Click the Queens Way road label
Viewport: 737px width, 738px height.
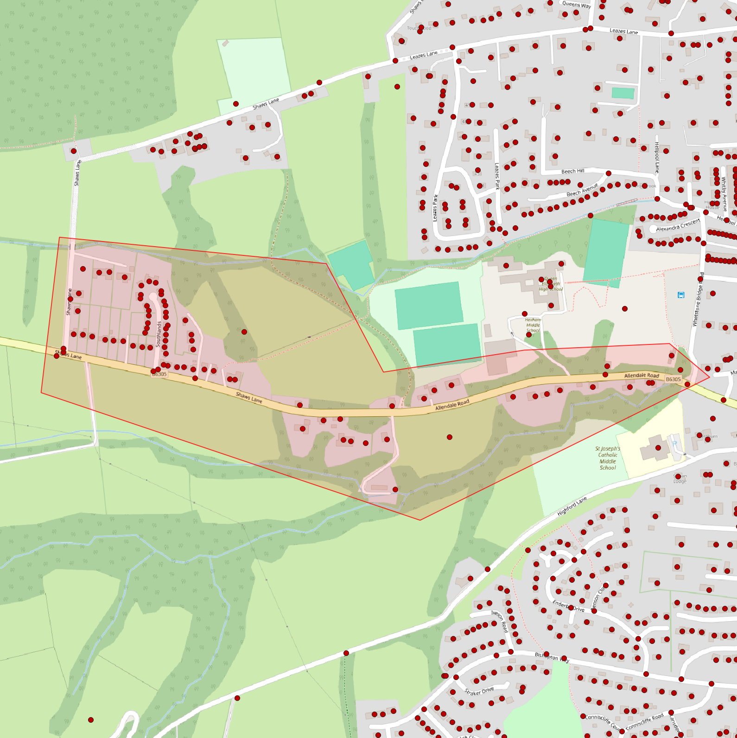pyautogui.click(x=577, y=5)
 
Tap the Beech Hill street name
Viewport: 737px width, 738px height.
pyautogui.click(x=572, y=172)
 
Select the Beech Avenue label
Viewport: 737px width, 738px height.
pyautogui.click(x=582, y=190)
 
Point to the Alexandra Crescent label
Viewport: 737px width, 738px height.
pyautogui.click(x=678, y=225)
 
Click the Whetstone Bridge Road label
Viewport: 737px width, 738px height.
pyautogui.click(x=698, y=299)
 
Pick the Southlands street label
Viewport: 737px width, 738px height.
pyautogui.click(x=159, y=334)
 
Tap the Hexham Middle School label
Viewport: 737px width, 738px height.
pyautogui.click(x=533, y=324)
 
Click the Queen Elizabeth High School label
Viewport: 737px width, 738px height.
pyautogui.click(x=550, y=284)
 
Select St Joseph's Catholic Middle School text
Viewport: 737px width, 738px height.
pyautogui.click(x=607, y=458)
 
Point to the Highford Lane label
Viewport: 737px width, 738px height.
pyautogui.click(x=572, y=506)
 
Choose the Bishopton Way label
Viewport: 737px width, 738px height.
pyautogui.click(x=552, y=657)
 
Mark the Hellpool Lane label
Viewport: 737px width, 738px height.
pyautogui.click(x=656, y=158)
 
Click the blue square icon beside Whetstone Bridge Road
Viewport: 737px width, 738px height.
pyautogui.click(x=681, y=295)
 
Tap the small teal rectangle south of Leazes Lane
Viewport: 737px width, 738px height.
pyautogui.click(x=623, y=93)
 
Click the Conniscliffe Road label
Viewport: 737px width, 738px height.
pyautogui.click(x=644, y=721)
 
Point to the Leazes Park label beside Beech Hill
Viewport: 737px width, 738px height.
pyautogui.click(x=497, y=176)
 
